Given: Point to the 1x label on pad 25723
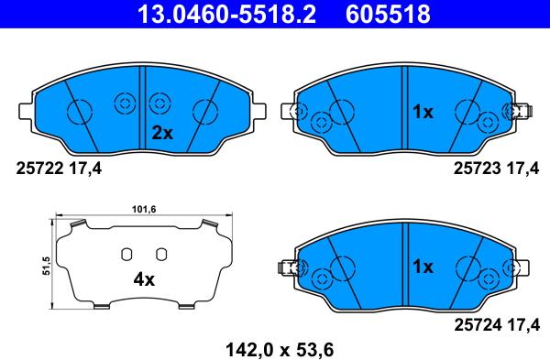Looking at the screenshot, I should tap(422, 113).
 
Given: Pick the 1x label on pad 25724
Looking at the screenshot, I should tap(422, 267).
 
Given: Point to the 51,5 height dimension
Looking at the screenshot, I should tap(45, 266).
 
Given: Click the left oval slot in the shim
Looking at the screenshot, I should tap(128, 255).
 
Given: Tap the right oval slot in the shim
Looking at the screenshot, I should tap(160, 255).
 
